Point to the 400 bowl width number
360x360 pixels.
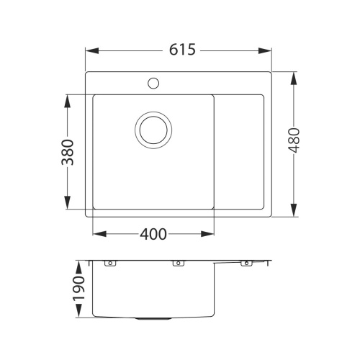(x=153, y=234)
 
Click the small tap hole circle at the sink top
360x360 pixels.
(x=153, y=83)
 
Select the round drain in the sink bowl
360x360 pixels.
(x=153, y=130)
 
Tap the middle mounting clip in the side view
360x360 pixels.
(x=176, y=264)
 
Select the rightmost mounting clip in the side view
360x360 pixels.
(x=245, y=264)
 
